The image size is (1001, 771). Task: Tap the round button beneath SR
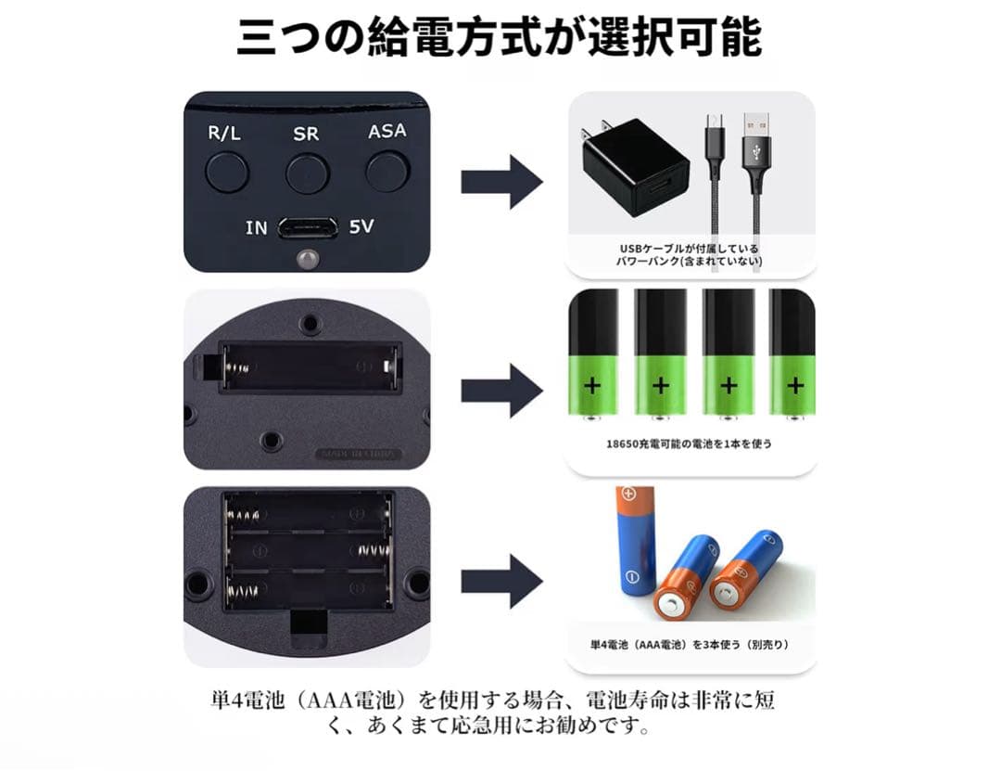(x=308, y=173)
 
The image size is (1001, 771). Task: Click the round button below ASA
(x=387, y=171)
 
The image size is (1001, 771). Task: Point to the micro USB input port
(x=308, y=228)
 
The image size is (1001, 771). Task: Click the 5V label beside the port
(x=361, y=226)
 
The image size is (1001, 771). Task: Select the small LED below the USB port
(x=307, y=258)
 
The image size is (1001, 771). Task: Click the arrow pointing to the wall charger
(x=501, y=182)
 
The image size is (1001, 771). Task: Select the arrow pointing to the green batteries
(x=501, y=391)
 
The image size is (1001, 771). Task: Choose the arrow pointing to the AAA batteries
(x=501, y=581)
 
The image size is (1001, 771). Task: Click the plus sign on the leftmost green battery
(x=592, y=386)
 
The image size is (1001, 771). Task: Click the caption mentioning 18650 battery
(x=689, y=443)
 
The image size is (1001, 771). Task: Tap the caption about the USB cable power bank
(x=690, y=254)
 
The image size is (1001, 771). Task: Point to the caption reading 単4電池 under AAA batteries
(x=690, y=645)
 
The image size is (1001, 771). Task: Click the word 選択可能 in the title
(x=675, y=37)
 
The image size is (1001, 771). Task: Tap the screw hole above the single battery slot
(x=310, y=323)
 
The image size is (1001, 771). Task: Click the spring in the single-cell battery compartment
(x=239, y=367)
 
